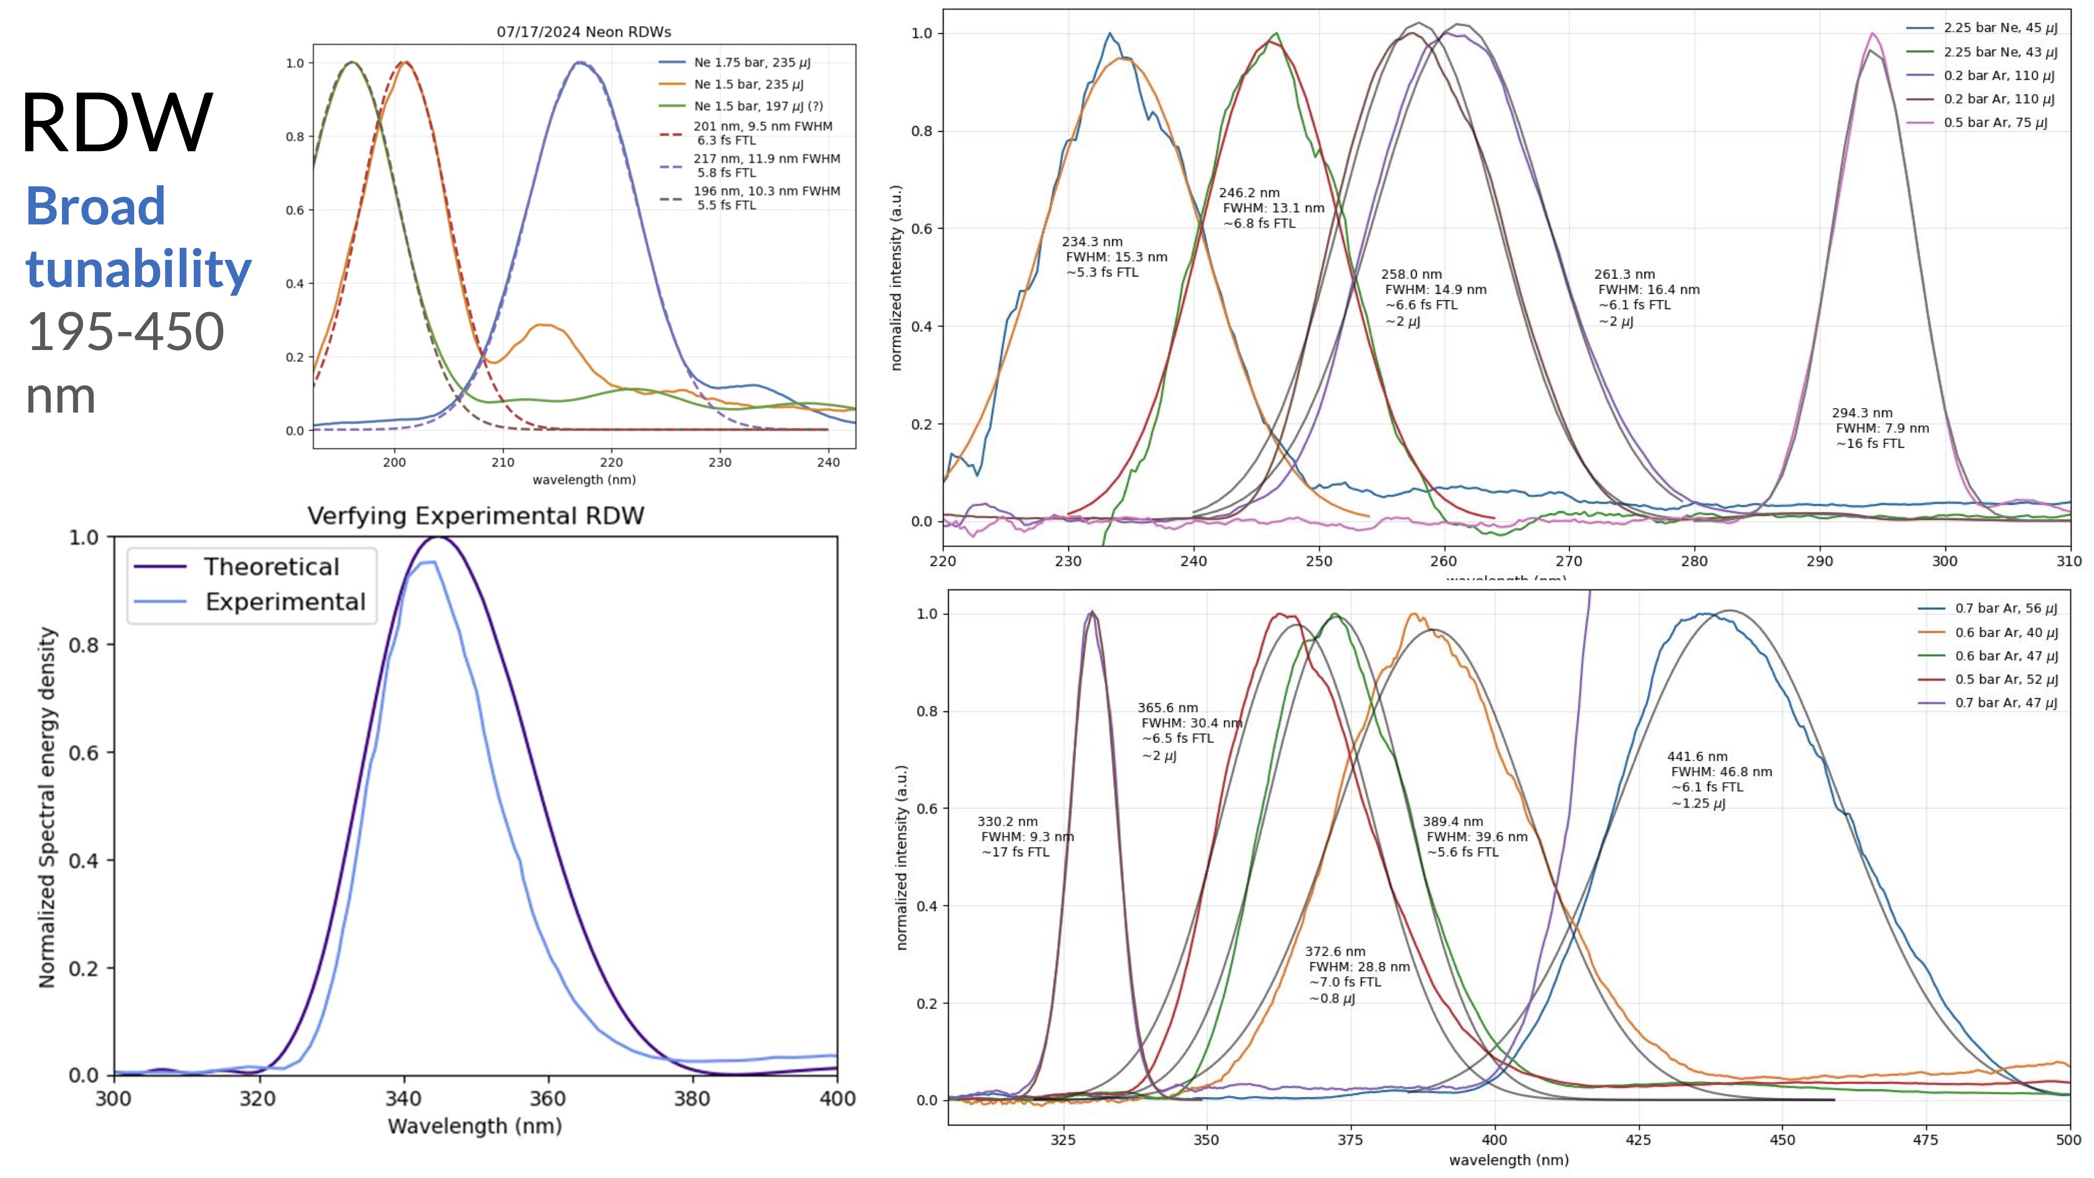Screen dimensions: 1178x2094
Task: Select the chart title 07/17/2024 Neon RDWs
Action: pyautogui.click(x=584, y=32)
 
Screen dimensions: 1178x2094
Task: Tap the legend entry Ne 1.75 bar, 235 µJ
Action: pyautogui.click(x=751, y=63)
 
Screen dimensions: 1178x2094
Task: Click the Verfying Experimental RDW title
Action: pyautogui.click(x=476, y=516)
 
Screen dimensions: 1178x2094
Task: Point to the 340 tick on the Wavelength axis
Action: pyautogui.click(x=403, y=1099)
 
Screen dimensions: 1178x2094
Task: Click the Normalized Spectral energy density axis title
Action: pyautogui.click(x=47, y=807)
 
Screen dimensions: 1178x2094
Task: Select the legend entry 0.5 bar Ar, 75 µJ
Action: pyautogui.click(x=1995, y=123)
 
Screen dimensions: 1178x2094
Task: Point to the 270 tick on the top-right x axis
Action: pyautogui.click(x=1569, y=561)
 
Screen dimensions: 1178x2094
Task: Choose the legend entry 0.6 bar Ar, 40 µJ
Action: pyautogui.click(x=2005, y=633)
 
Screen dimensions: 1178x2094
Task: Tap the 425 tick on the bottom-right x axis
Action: pyautogui.click(x=1638, y=1140)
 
